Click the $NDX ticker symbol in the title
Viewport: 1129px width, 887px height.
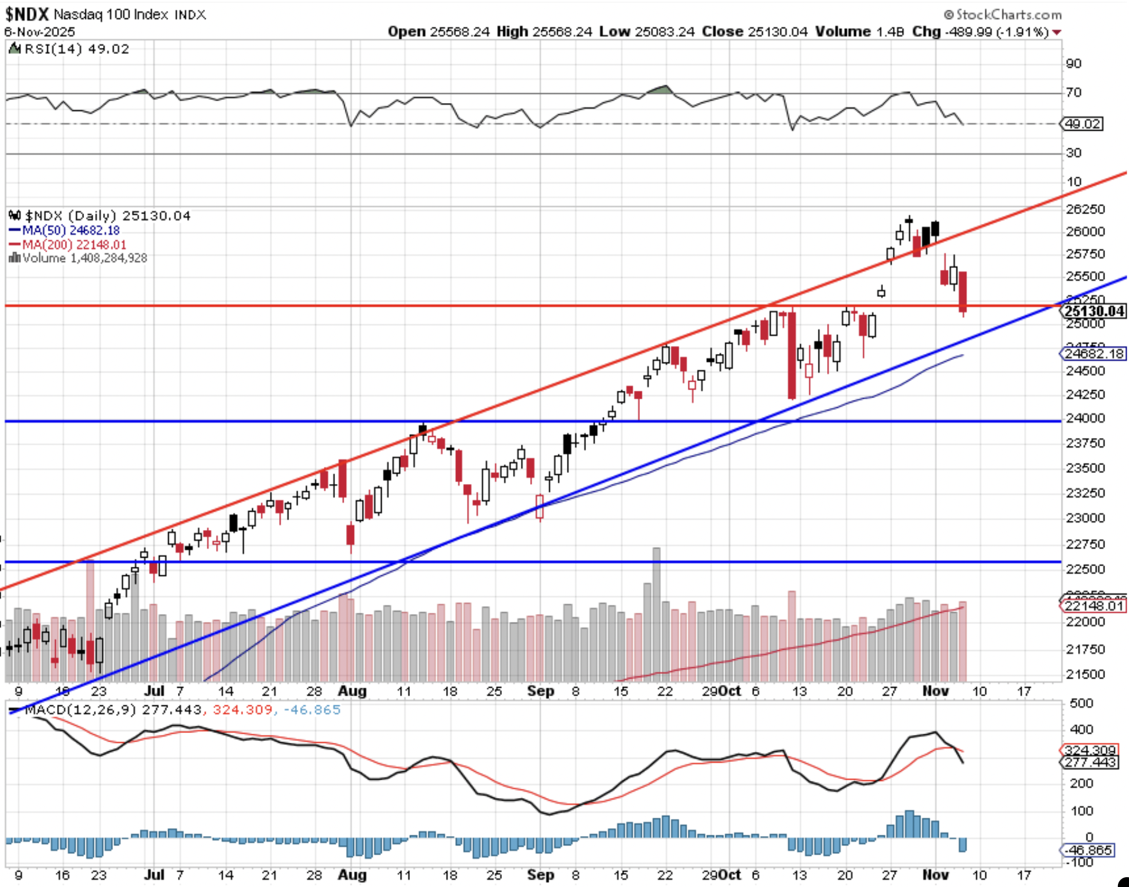pyautogui.click(x=27, y=13)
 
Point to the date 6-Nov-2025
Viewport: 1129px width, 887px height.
pyautogui.click(x=40, y=32)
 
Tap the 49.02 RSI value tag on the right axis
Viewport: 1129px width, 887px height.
pyautogui.click(x=1083, y=124)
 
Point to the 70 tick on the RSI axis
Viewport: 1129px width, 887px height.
pyautogui.click(x=1074, y=93)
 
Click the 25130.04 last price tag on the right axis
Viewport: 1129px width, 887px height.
pyautogui.click(x=1095, y=311)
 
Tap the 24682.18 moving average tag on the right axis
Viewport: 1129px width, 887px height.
pyautogui.click(x=1093, y=354)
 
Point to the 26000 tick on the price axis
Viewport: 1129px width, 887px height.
pyautogui.click(x=1085, y=231)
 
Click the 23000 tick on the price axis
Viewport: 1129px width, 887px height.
pyautogui.click(x=1085, y=518)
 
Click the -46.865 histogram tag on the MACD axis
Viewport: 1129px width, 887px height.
pyautogui.click(x=1090, y=850)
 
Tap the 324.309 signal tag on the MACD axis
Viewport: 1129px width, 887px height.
pyautogui.click(x=1090, y=750)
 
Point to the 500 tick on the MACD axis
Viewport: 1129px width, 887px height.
pyautogui.click(x=1081, y=703)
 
